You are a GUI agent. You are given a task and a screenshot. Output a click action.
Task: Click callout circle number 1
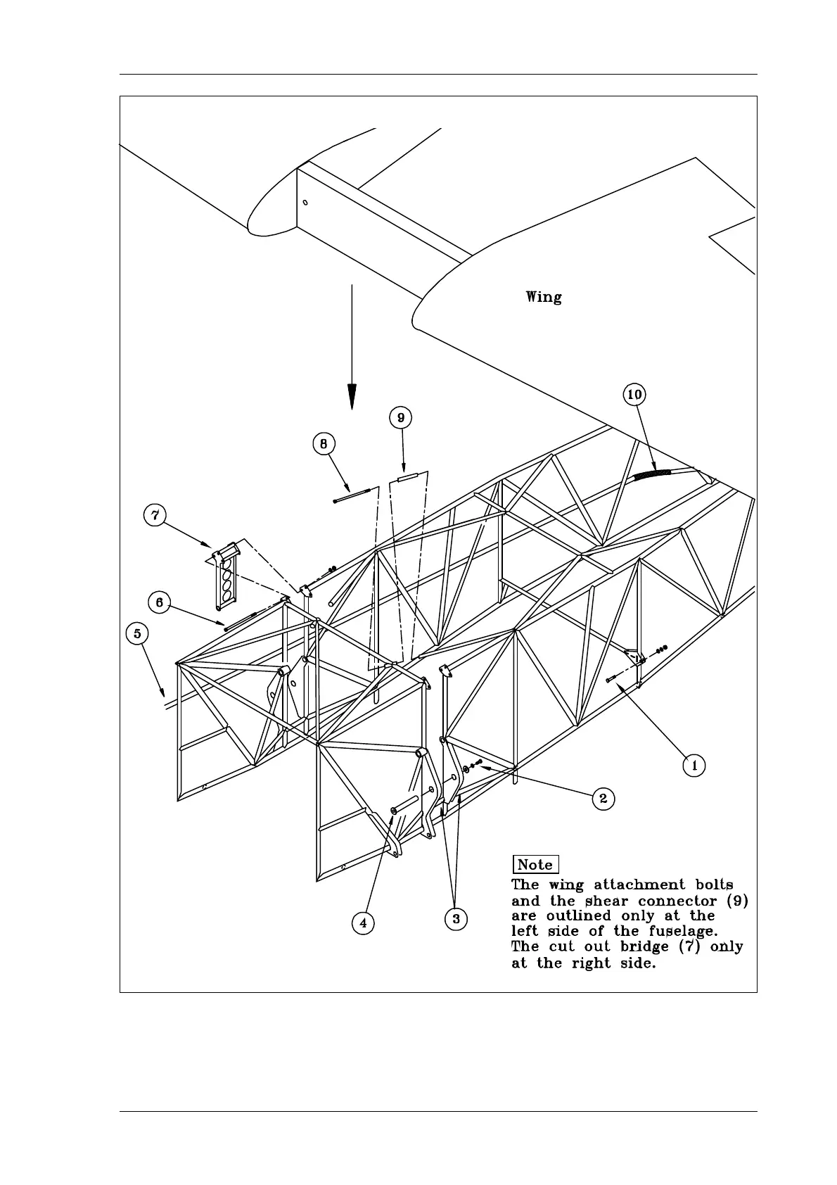694,765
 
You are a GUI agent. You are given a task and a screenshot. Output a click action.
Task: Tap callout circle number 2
603,799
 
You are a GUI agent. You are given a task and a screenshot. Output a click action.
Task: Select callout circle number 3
456,918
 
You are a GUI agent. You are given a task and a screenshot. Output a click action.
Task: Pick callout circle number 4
363,923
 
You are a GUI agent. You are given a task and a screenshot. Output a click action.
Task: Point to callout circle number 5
137,634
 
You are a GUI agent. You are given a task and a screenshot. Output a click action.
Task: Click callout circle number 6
160,603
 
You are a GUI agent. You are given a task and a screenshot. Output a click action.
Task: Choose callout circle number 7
155,515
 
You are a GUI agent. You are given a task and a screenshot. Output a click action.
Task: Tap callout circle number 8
324,444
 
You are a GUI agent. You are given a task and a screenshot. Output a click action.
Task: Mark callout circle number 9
400,418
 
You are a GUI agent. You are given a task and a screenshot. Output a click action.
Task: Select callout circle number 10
634,395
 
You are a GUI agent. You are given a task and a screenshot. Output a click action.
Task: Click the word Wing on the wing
544,298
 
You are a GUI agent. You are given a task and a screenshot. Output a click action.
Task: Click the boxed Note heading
535,865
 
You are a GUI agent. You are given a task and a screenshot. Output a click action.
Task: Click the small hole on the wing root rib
305,203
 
